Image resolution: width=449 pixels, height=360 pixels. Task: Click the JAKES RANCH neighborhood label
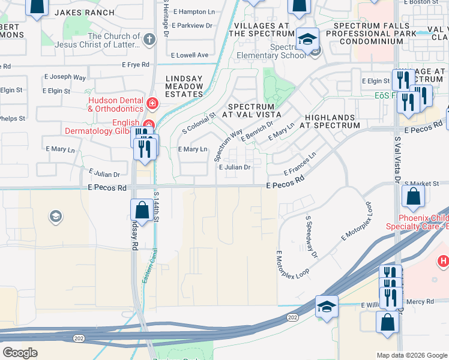(85, 12)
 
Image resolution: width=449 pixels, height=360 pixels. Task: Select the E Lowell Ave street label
(190, 55)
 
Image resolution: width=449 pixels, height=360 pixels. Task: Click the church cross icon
(149, 39)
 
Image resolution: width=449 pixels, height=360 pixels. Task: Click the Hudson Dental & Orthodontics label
(115, 104)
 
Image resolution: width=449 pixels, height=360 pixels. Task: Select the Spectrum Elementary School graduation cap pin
(308, 39)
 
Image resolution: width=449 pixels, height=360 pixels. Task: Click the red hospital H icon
(444, 260)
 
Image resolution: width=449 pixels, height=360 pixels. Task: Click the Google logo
(20, 352)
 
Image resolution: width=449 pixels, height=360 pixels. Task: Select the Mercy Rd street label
(419, 302)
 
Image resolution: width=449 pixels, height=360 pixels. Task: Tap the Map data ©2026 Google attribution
(411, 355)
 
